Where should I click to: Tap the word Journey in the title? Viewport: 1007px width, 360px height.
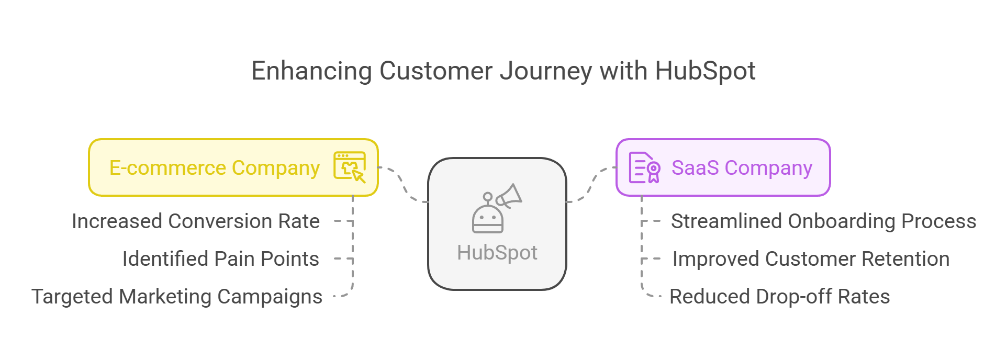pyautogui.click(x=546, y=71)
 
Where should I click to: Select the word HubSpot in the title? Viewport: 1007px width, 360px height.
pyautogui.click(x=705, y=71)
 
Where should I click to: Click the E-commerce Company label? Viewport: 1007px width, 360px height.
pyautogui.click(x=214, y=168)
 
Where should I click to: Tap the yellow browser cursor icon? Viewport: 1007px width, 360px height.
pyautogui.click(x=350, y=167)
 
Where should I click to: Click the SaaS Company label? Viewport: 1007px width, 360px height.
pyautogui.click(x=742, y=168)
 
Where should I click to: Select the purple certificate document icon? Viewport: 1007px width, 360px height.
pyautogui.click(x=644, y=167)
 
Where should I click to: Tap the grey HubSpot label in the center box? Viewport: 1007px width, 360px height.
pyautogui.click(x=497, y=253)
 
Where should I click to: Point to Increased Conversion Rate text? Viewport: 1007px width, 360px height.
pyautogui.click(x=195, y=221)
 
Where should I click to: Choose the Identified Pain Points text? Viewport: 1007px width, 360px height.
pyautogui.click(x=220, y=259)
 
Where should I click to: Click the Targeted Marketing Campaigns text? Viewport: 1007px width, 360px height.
pyautogui.click(x=176, y=297)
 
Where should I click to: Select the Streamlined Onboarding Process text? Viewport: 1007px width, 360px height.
pyautogui.click(x=823, y=221)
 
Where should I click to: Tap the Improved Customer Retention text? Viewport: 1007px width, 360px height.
pyautogui.click(x=811, y=259)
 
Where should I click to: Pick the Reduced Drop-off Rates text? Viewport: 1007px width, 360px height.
pyautogui.click(x=779, y=297)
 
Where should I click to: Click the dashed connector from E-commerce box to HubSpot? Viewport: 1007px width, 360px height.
pyautogui.click(x=403, y=184)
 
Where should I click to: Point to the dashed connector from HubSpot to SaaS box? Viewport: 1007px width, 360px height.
pyautogui.click(x=592, y=185)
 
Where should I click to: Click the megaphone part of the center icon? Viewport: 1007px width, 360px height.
pyautogui.click(x=509, y=196)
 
